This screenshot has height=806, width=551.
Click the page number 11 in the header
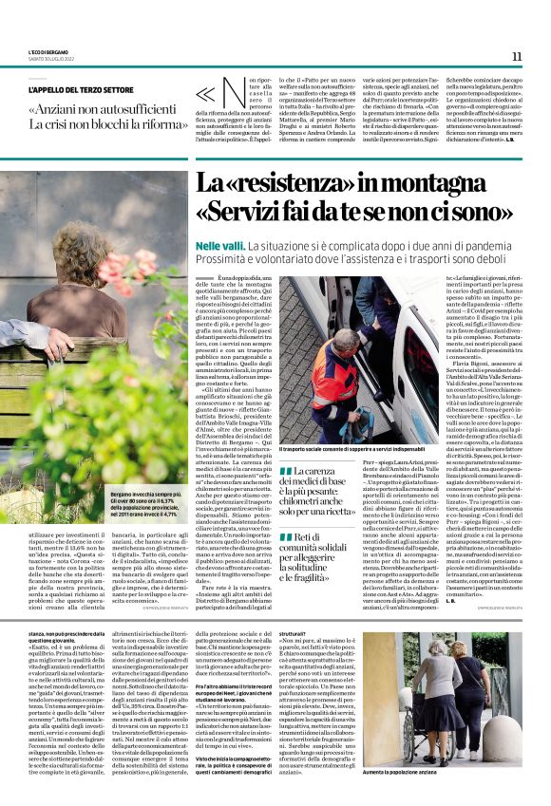coord(517,56)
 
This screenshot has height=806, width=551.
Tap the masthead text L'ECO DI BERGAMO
coord(48,53)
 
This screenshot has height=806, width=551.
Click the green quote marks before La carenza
coord(285,471)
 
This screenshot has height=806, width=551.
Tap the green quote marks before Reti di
coord(285,539)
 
